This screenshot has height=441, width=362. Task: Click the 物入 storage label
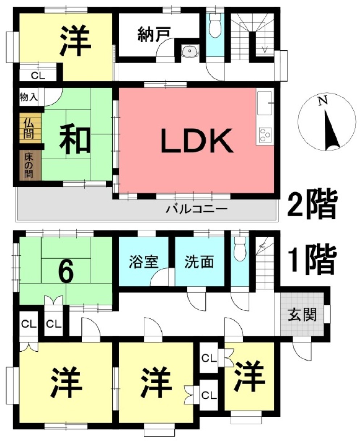click(29, 97)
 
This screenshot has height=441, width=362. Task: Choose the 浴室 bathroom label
click(144, 262)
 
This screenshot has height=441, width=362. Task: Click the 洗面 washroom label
click(199, 262)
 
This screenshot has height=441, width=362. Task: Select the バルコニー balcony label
click(197, 209)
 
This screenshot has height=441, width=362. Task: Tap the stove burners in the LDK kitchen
click(265, 134)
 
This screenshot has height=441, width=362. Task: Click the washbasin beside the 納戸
click(190, 51)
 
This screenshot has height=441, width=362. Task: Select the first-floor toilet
click(240, 249)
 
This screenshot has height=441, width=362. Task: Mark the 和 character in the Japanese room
click(75, 140)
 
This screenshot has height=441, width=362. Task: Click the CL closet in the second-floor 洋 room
click(38, 76)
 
